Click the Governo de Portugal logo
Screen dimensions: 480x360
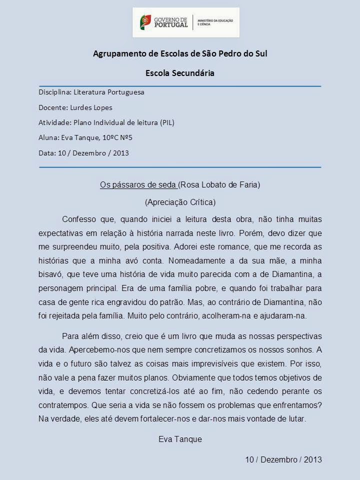(185, 22)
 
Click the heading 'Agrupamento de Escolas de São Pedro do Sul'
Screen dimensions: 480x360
(180, 53)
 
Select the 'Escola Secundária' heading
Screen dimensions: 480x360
(179, 73)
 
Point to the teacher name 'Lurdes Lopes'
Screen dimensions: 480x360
(93, 107)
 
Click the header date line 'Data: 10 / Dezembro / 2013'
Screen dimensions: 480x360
(83, 152)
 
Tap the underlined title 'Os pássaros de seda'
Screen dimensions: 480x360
(138, 185)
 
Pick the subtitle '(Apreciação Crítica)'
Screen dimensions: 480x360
(180, 202)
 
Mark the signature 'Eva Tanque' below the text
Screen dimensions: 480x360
(180, 439)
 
